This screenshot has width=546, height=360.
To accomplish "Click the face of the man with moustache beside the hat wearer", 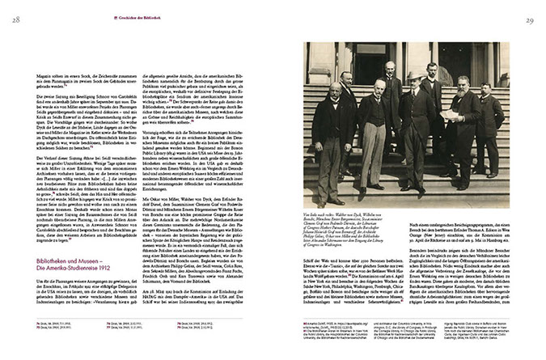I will coord(379,85).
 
